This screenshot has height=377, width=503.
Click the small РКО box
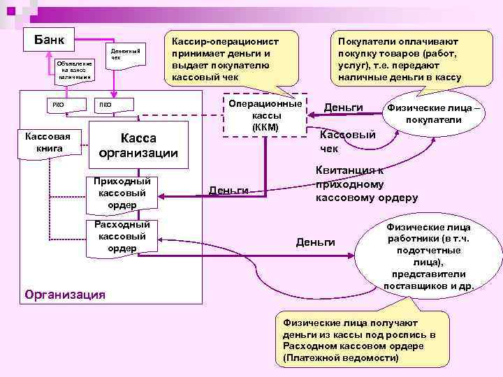pyautogui.click(x=58, y=105)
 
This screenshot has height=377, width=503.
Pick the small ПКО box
pyautogui.click(x=105, y=105)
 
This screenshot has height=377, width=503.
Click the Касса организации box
pyautogui.click(x=138, y=146)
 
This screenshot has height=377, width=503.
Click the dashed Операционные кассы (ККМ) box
pyautogui.click(x=265, y=115)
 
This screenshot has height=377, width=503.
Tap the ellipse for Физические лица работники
pyautogui.click(x=428, y=256)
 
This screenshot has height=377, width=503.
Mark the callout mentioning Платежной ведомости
pyautogui.click(x=357, y=339)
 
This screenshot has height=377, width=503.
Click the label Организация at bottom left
pyautogui.click(x=64, y=294)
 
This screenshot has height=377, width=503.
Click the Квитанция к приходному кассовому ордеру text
pyautogui.click(x=366, y=184)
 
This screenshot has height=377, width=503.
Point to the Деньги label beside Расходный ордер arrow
pyautogui.click(x=316, y=242)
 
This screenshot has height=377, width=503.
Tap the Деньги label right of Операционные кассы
pyautogui.click(x=344, y=108)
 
